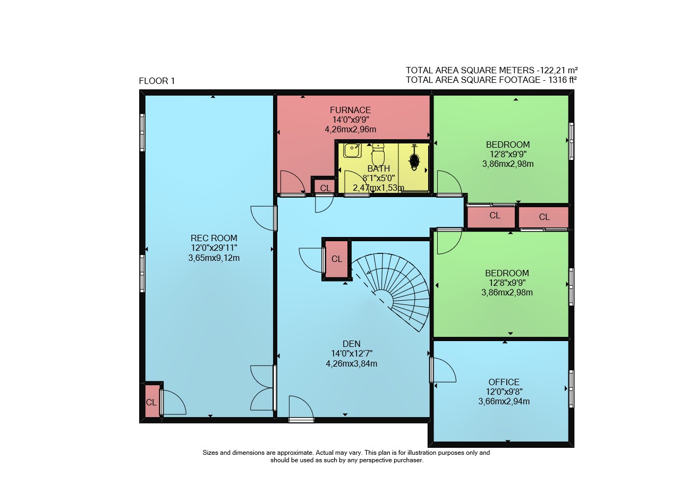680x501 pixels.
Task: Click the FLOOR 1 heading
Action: tap(157, 81)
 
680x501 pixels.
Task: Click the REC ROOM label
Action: tap(214, 238)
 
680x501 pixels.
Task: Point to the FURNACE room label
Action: tap(350, 110)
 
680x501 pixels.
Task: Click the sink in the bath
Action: tap(352, 150)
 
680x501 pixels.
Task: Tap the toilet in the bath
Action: tap(378, 154)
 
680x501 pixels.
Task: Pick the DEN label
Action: tap(352, 344)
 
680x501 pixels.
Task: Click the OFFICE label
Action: tap(504, 382)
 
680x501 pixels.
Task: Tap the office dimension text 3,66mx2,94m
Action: tap(504, 402)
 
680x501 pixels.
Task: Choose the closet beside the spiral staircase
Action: tap(337, 259)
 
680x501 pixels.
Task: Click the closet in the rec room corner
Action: tap(152, 401)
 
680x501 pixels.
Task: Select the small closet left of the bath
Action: tap(325, 186)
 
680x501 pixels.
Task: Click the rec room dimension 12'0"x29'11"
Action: tap(214, 248)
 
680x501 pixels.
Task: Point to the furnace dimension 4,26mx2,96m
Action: tap(350, 129)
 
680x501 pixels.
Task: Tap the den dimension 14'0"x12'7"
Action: tap(352, 353)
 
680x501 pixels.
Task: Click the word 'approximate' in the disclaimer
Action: tap(294, 453)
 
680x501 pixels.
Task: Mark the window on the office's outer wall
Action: tap(571, 389)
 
